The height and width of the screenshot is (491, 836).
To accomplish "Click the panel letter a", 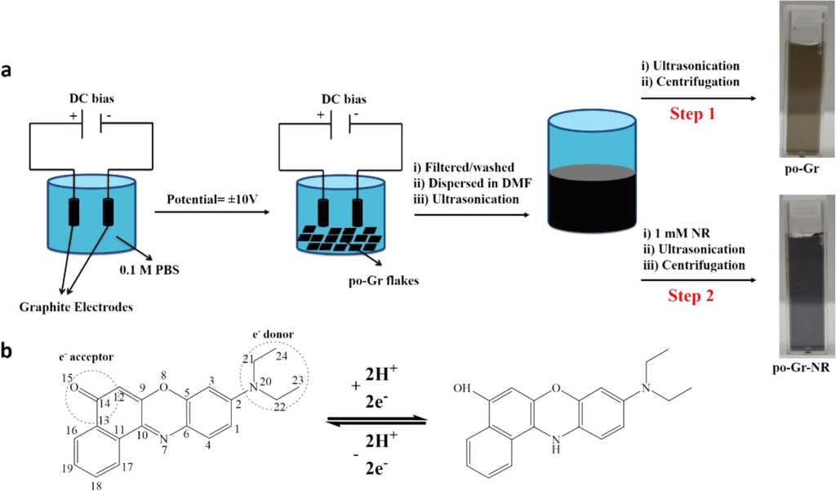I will tap(10, 71).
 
